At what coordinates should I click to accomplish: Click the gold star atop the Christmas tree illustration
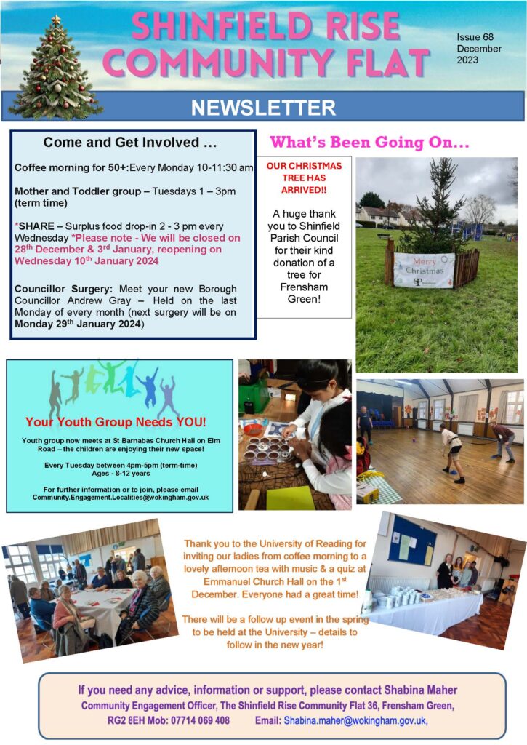[56, 20]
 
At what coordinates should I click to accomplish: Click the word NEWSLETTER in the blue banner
[263, 108]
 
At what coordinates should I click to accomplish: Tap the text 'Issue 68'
[475, 37]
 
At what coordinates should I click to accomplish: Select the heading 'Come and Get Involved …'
[129, 142]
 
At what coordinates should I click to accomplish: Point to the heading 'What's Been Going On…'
[369, 142]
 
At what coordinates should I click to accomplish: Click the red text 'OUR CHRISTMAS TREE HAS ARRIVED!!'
[304, 178]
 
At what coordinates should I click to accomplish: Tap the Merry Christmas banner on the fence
[424, 271]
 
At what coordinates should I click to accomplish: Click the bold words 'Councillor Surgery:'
[64, 289]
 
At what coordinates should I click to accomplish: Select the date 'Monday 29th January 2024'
[78, 324]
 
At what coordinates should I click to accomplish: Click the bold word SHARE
[36, 226]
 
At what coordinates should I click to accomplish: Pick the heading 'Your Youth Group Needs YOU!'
[116, 422]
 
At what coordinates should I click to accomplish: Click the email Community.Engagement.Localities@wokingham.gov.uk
[121, 498]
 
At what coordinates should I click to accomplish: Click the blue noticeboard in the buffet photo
[411, 541]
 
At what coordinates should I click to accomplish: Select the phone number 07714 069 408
[200, 720]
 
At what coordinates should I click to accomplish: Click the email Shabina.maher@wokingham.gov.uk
[355, 720]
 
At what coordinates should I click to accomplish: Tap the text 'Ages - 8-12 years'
[121, 473]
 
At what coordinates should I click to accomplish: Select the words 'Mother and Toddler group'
[78, 191]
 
